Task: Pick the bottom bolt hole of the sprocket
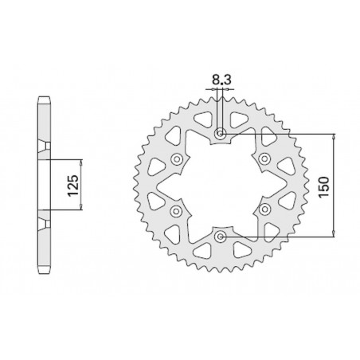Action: pos(221,236)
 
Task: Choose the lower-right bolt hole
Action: pos(265,210)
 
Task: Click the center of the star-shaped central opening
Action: pos(221,185)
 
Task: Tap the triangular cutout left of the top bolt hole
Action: pos(202,119)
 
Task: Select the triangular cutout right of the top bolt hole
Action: pos(239,119)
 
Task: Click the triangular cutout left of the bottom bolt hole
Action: pos(202,250)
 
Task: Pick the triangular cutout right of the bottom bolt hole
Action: pos(239,250)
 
